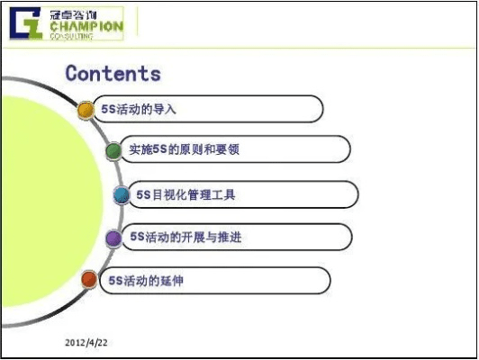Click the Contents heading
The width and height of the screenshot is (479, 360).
[x=113, y=73]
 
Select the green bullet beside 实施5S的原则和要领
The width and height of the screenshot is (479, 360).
[x=113, y=150]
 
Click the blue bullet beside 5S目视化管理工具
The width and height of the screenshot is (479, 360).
[x=122, y=194]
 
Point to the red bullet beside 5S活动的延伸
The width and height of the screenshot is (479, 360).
[x=88, y=281]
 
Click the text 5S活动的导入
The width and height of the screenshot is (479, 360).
[x=139, y=109]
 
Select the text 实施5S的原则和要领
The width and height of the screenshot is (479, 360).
[x=184, y=149]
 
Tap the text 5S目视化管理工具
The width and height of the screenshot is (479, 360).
[x=186, y=193]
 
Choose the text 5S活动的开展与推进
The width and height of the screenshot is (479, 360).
[x=185, y=237]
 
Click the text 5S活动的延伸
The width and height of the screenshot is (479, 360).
[x=146, y=281]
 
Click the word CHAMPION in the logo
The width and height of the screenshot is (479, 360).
[x=86, y=27]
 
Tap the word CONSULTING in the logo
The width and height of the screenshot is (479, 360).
[x=74, y=37]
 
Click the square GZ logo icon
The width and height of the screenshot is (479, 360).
[x=26, y=24]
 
